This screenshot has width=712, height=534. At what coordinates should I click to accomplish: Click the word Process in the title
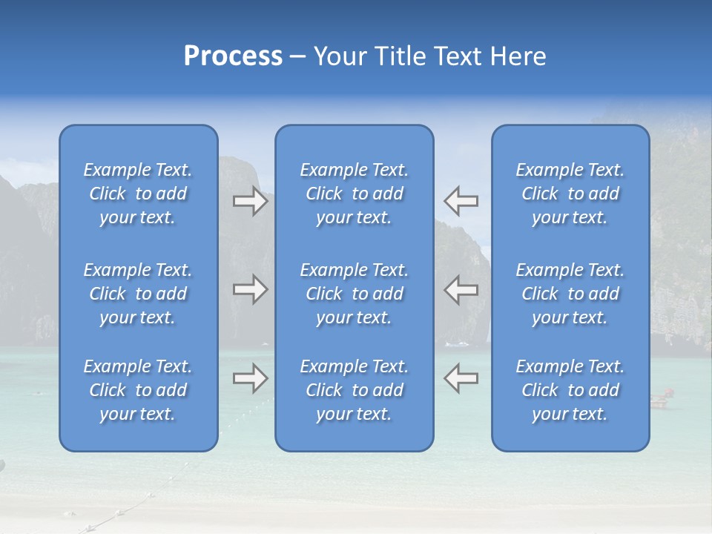click(x=233, y=56)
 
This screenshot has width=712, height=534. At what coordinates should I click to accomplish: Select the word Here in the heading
click(x=517, y=56)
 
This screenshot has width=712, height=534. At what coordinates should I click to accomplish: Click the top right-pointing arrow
click(x=250, y=201)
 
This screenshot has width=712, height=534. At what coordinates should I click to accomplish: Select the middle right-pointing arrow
click(x=250, y=289)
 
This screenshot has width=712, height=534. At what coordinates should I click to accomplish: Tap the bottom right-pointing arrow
click(x=250, y=378)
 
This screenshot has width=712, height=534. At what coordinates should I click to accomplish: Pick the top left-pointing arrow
click(x=461, y=201)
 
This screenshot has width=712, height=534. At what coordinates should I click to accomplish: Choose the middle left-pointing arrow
click(x=461, y=289)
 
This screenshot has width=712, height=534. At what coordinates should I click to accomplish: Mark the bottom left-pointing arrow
click(x=461, y=378)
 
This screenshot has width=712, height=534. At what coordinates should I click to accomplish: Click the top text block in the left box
click(x=138, y=194)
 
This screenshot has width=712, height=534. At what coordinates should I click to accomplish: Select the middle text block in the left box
click(x=138, y=294)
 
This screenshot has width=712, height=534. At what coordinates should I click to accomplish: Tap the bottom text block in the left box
click(x=138, y=390)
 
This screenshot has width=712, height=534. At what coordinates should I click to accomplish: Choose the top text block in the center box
click(x=354, y=194)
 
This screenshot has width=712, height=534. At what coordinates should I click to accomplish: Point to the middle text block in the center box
click(x=354, y=294)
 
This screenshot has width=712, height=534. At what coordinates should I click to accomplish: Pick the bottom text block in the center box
click(x=354, y=390)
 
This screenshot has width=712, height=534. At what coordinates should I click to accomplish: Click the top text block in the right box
click(x=570, y=194)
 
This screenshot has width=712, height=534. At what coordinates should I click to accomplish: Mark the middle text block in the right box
click(x=570, y=294)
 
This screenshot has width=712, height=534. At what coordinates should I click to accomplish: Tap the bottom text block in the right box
click(x=570, y=390)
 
